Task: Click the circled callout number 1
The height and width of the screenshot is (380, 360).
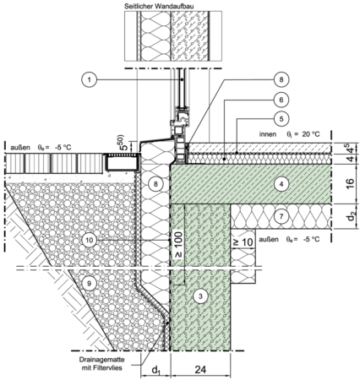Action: point(90,80)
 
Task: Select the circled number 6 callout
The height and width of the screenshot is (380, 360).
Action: point(281,100)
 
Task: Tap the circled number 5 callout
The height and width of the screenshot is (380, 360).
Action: point(281,118)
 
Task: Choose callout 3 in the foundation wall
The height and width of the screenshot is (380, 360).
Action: point(200,296)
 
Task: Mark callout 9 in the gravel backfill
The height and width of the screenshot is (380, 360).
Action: point(90,284)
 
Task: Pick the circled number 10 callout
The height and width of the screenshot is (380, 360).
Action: point(90,240)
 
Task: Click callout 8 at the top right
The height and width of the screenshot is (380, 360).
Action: point(281,80)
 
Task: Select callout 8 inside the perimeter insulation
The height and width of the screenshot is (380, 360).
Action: point(155,184)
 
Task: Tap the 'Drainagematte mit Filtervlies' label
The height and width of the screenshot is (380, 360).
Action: point(101,364)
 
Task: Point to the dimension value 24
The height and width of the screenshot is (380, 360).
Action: point(200,370)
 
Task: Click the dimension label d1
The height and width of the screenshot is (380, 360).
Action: point(155,371)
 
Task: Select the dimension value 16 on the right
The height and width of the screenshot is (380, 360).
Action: point(350,184)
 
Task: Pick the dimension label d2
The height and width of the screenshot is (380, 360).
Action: point(351,216)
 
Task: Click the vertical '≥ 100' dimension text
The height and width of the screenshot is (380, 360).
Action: point(179,244)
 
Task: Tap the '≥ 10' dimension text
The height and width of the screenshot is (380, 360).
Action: point(243,242)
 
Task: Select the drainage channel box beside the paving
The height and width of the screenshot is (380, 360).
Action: point(123,162)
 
